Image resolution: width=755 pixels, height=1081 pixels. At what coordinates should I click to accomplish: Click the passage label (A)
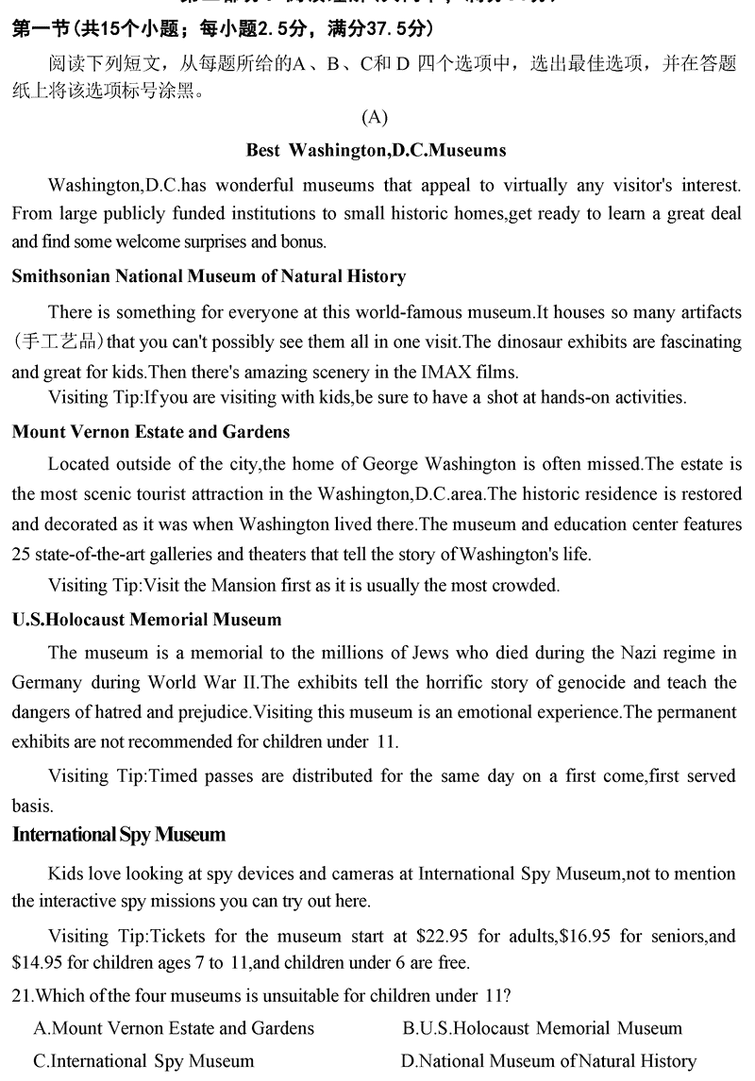(x=375, y=117)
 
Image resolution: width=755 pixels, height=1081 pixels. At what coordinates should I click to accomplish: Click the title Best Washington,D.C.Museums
(x=376, y=150)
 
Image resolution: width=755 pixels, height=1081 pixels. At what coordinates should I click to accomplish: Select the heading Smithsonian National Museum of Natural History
(x=209, y=276)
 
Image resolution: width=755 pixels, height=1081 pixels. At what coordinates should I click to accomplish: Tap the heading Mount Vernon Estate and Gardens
(x=151, y=432)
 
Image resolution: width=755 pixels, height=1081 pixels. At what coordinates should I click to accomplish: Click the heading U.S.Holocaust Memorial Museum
(x=146, y=620)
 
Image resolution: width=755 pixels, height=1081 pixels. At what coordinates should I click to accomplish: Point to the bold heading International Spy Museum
(x=119, y=835)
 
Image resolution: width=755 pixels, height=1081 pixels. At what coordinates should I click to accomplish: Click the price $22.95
(x=444, y=937)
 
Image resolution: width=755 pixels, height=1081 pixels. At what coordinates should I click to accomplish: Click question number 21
(x=21, y=996)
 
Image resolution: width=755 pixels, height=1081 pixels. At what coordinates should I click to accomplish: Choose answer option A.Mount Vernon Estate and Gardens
(x=174, y=1028)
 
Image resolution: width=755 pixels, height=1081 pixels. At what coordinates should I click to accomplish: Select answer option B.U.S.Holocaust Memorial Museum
(x=542, y=1028)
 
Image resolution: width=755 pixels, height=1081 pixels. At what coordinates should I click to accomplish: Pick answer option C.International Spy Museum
(x=143, y=1060)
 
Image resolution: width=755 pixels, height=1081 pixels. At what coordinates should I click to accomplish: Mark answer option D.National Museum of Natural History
(x=548, y=1060)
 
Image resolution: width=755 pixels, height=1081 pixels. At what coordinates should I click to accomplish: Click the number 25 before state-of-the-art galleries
(x=22, y=554)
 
